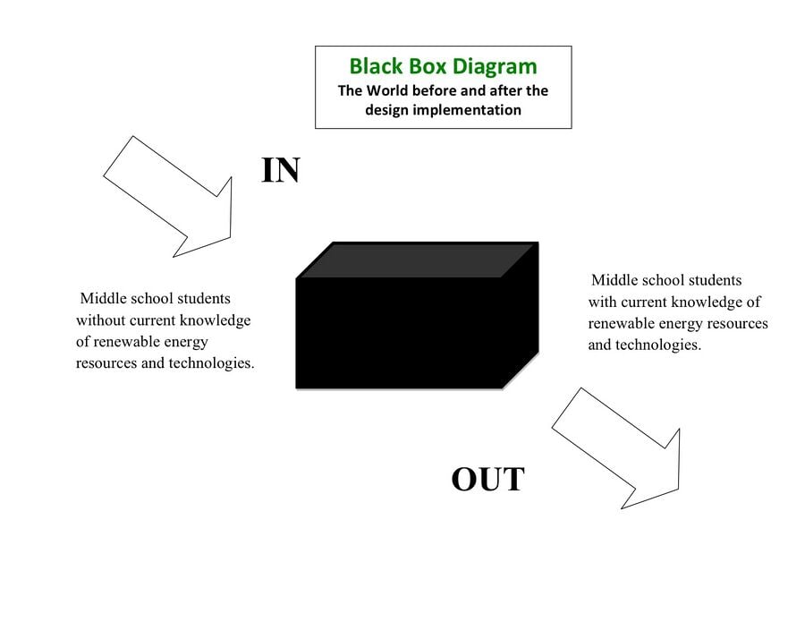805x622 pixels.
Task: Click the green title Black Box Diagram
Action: pos(443,66)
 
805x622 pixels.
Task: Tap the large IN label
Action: pos(280,171)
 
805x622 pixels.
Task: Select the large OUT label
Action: pos(487,479)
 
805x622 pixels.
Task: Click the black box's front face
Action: pos(399,333)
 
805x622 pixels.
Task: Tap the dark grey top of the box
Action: pos(417,260)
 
